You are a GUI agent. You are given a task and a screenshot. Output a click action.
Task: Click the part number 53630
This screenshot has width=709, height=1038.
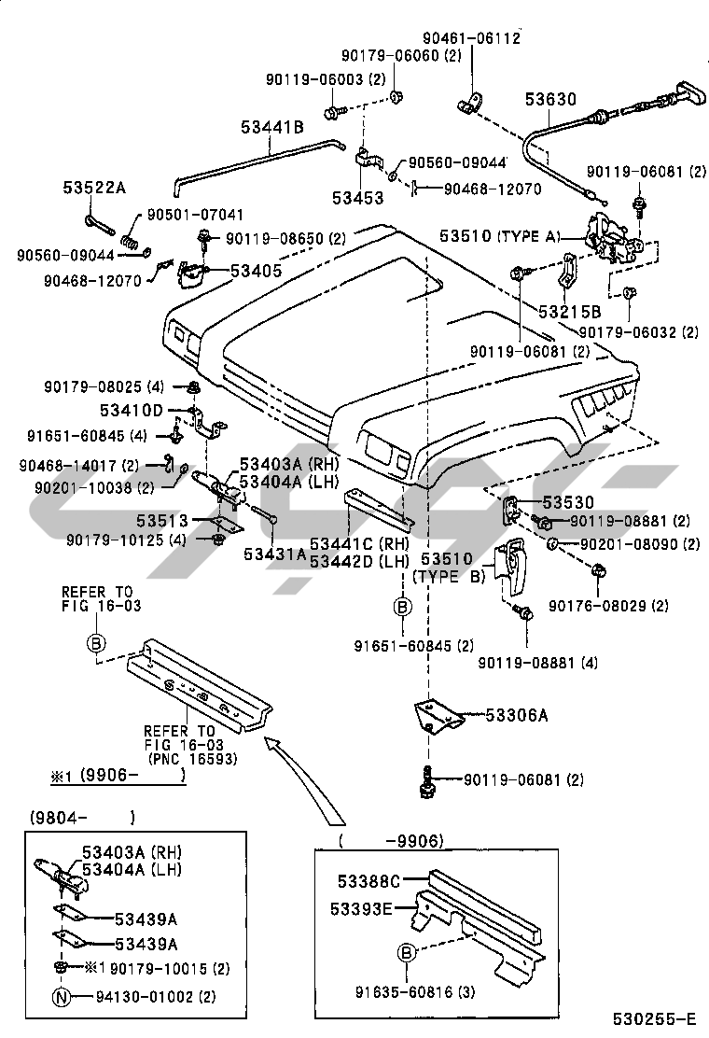pos(549,98)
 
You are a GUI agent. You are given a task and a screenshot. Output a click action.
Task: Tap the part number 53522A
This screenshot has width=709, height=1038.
pos(94,187)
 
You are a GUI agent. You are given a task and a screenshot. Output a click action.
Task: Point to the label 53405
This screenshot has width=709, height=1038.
pos(256,271)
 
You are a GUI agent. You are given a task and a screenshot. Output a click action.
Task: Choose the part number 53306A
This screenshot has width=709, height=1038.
pos(515,716)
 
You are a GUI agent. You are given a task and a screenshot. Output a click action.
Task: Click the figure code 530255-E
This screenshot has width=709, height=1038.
pos(654,1018)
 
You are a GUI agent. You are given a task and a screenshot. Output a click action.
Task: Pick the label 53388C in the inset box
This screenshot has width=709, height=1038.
pos(368,879)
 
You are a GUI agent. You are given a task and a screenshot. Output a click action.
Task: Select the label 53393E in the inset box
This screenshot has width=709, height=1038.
pos(360,906)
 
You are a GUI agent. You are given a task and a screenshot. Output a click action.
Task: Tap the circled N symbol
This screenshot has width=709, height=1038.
pos(61,997)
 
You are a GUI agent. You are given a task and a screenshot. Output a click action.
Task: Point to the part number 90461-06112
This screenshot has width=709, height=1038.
pos(473,37)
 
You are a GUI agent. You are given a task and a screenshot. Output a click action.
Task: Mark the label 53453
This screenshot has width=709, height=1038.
pos(358,197)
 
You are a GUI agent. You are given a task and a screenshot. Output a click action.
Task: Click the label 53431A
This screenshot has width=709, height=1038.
pos(274,554)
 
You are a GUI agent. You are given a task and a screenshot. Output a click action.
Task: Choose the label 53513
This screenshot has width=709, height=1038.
pos(165,520)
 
